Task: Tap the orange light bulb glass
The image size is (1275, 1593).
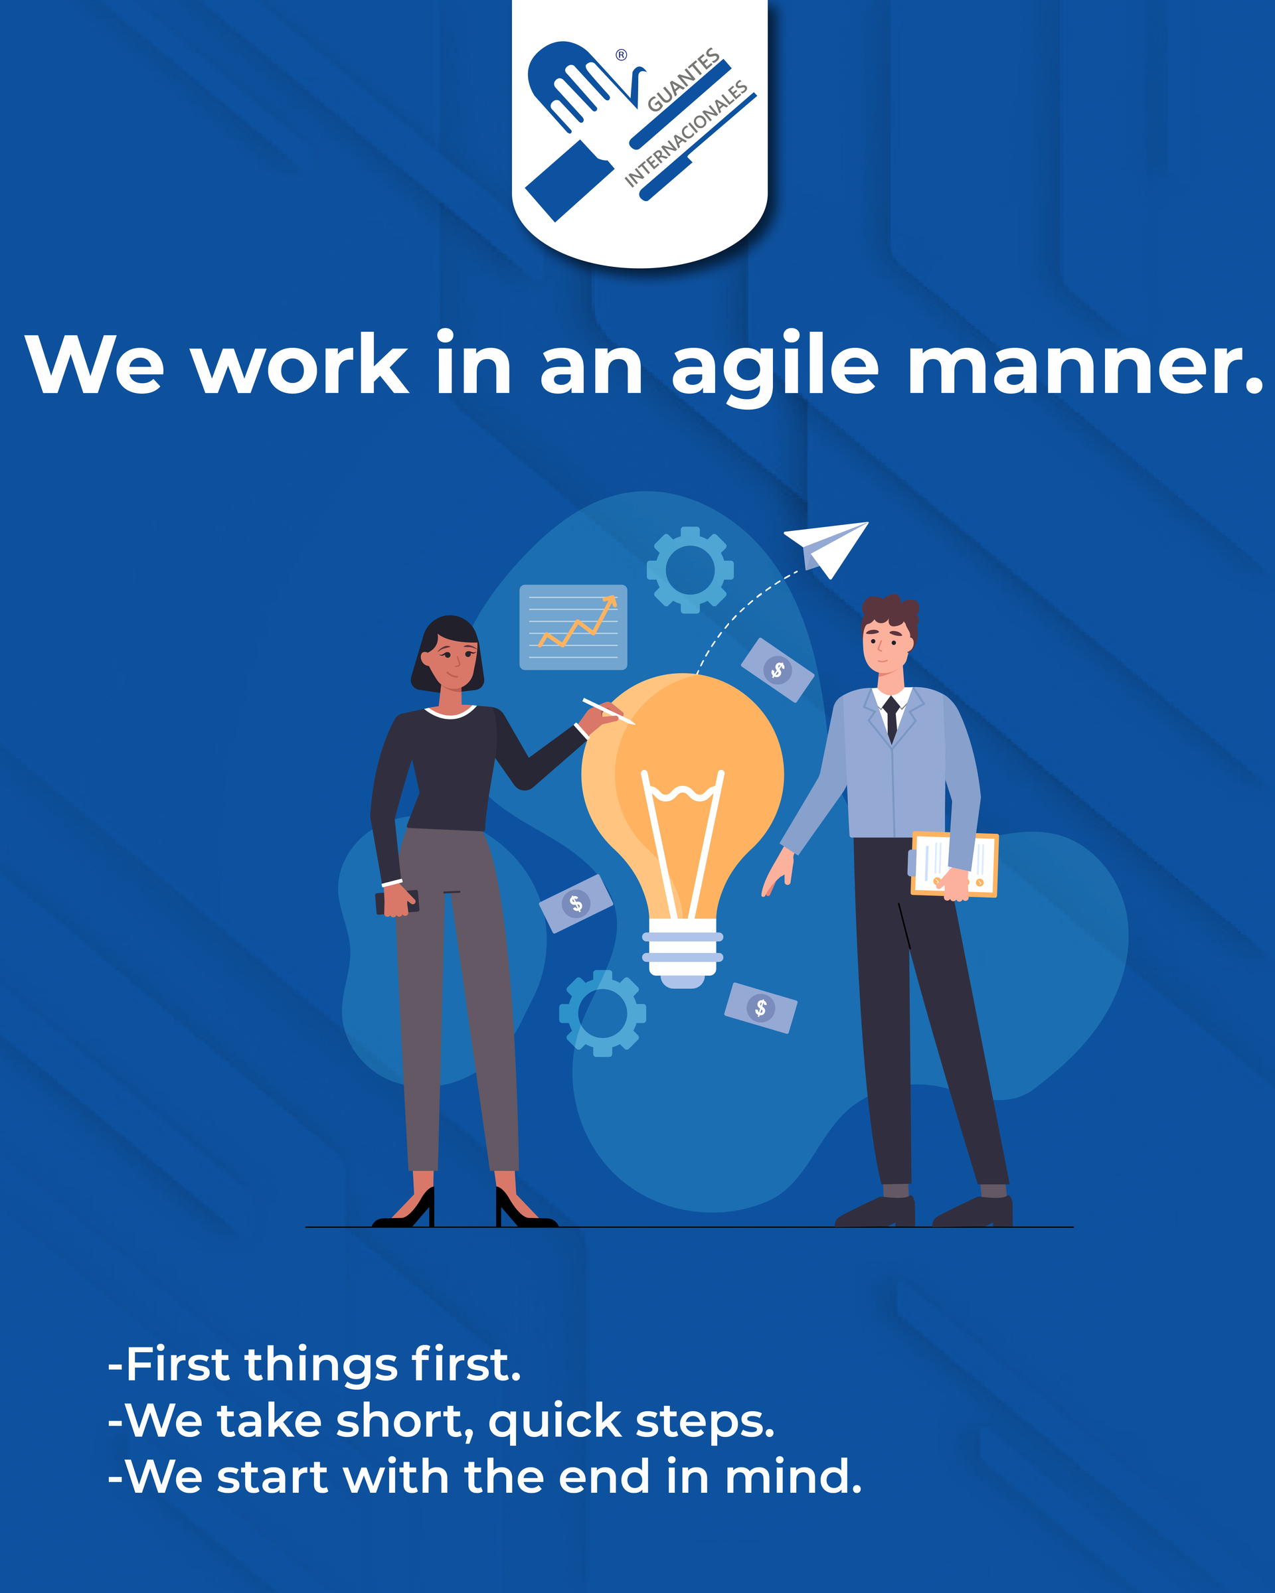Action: (682, 791)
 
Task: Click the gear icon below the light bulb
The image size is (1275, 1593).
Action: (602, 1013)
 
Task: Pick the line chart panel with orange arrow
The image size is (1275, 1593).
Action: (574, 627)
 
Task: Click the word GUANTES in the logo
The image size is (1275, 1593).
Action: (684, 80)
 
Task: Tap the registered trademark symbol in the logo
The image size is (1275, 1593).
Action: (622, 54)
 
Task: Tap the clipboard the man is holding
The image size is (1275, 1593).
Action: (954, 864)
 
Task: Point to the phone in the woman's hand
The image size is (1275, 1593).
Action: (398, 902)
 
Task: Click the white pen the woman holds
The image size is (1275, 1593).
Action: (608, 711)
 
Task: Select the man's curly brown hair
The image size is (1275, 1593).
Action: (891, 617)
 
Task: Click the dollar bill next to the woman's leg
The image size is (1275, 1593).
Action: (576, 903)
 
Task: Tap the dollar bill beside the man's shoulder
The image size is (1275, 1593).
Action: (778, 670)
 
